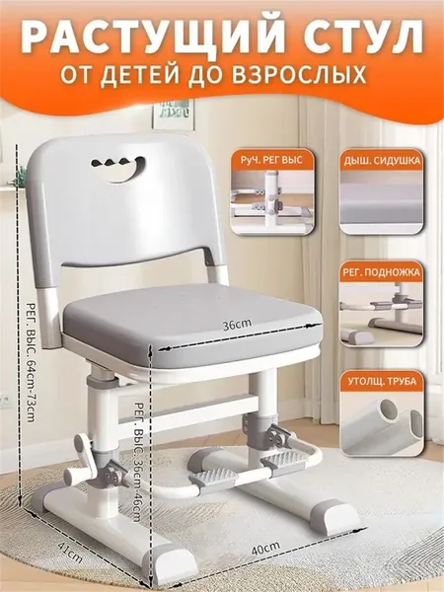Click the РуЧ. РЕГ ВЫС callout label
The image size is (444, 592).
tap(271, 160)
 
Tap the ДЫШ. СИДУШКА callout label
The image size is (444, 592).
tap(381, 161)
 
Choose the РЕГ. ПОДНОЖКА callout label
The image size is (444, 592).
tap(381, 272)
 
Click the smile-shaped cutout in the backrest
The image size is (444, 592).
tap(118, 169)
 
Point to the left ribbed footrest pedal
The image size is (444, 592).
tap(213, 477)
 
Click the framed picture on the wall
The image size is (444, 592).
tap(174, 113)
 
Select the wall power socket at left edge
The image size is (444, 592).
tap(5, 402)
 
